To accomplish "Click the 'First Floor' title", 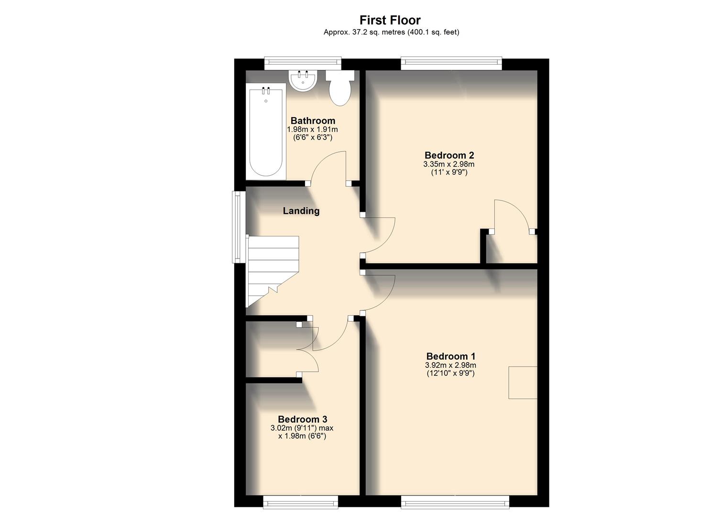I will pyautogui.click(x=390, y=20).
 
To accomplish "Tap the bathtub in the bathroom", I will pyautogui.click(x=265, y=131).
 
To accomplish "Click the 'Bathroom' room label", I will pyautogui.click(x=313, y=121).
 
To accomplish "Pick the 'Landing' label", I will pyautogui.click(x=301, y=211).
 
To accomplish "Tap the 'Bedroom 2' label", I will pyautogui.click(x=449, y=155).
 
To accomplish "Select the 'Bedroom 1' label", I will pyautogui.click(x=451, y=356).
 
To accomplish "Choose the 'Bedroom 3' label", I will pyautogui.click(x=302, y=419).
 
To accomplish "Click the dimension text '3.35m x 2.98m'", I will pyautogui.click(x=449, y=164).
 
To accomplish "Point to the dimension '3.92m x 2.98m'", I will pyautogui.click(x=451, y=365).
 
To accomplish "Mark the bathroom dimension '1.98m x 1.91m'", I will pyautogui.click(x=313, y=129).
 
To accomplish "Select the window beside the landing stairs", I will pyautogui.click(x=238, y=227).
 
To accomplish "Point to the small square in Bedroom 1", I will pyautogui.click(x=523, y=382).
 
